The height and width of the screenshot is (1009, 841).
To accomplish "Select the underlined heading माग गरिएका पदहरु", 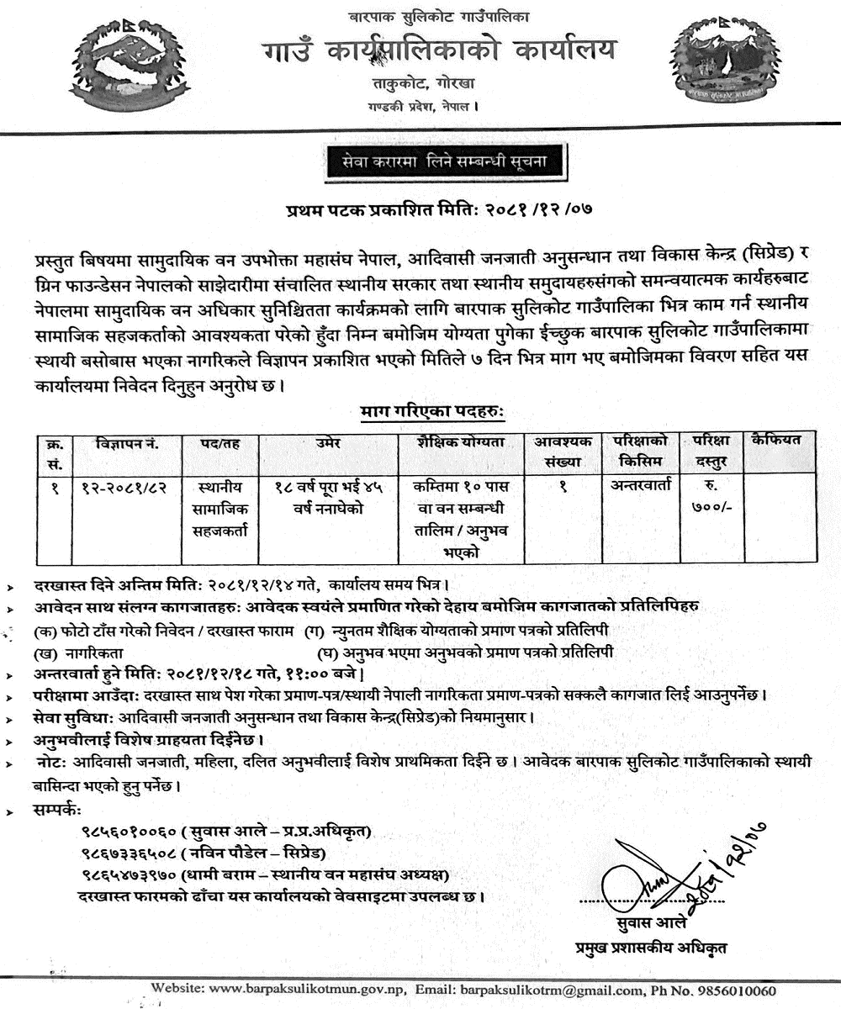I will click(431, 412).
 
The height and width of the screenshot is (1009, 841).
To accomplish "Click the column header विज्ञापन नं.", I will click(128, 442).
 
